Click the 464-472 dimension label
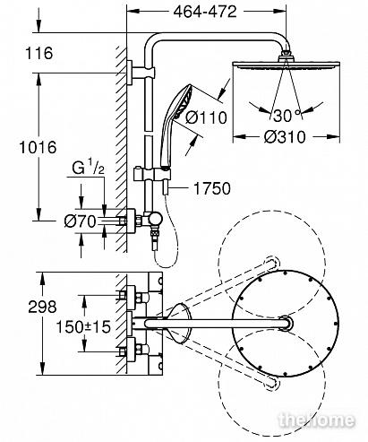[205, 13]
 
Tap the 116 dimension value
[39, 53]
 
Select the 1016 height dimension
[38, 147]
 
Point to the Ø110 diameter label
[206, 117]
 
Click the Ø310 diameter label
[285, 137]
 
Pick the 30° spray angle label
[286, 116]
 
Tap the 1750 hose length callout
[212, 188]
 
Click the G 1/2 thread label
[89, 169]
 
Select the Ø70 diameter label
[81, 221]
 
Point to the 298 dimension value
[42, 307]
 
